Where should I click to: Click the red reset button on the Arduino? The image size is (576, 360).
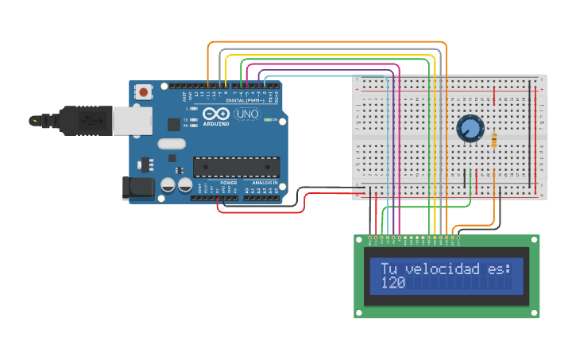coord(143,91)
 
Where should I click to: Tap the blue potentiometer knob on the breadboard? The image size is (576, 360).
coord(470,128)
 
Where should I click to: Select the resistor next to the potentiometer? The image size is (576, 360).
coord(495,141)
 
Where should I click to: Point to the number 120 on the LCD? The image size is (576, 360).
coord(392,283)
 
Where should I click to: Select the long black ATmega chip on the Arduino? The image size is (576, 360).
coord(236,166)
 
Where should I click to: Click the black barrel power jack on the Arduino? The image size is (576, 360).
coord(136,188)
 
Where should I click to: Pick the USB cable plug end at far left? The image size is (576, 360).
coord(36,121)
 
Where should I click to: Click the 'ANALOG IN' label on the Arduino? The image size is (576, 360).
coord(263,183)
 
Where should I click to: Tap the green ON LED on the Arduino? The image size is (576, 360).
coord(268,121)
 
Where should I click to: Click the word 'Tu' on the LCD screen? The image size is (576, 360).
coord(388,269)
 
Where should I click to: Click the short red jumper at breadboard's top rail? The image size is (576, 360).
coord(495,96)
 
